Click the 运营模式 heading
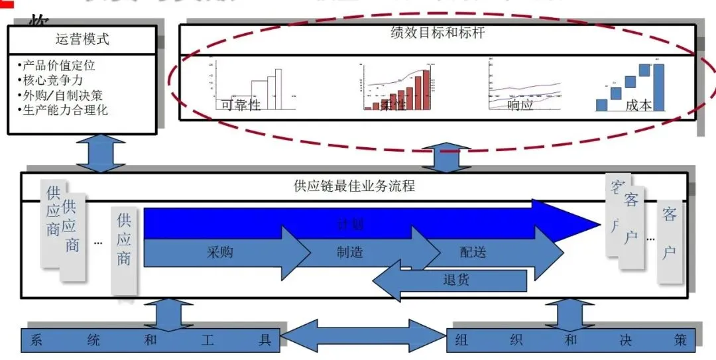coord(82,39)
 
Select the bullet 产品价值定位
coord(58,65)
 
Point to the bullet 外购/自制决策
coord(62,95)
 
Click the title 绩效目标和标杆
coord(438,32)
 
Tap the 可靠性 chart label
coord(241,104)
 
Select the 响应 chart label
coord(520,104)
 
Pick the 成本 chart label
coord(638,104)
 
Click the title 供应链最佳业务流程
coord(354,186)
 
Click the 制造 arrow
coord(349,253)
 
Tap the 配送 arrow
coord(473,253)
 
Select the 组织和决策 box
coord(571,340)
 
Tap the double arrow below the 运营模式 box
coord(100,153)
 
